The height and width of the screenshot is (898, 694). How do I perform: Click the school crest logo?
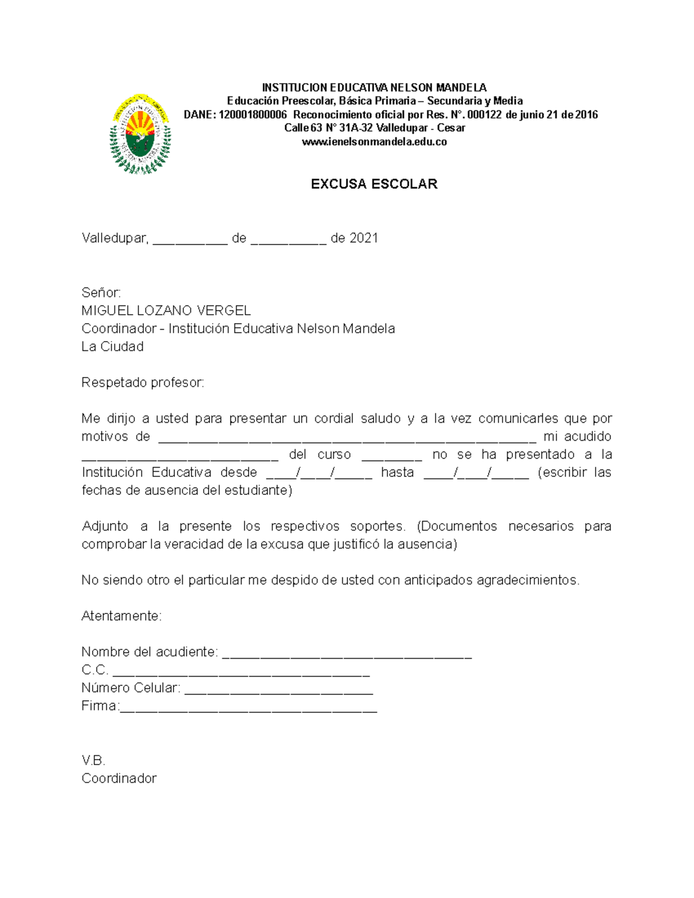tap(140, 134)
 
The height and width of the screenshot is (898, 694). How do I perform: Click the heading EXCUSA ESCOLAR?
tap(374, 184)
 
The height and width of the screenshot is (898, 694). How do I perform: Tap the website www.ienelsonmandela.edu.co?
tap(374, 142)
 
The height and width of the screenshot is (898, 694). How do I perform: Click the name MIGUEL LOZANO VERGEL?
tap(166, 311)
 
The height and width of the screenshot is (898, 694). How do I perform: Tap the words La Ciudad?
tap(113, 347)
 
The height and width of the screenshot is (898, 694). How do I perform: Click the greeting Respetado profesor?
tap(143, 383)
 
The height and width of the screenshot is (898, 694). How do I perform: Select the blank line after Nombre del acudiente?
tap(347, 655)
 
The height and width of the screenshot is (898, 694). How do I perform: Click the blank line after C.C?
tap(241, 673)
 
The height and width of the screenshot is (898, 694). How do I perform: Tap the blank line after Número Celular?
tap(278, 691)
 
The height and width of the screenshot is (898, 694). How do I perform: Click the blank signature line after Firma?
tap(248, 709)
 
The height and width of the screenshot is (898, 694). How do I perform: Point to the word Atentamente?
tap(121, 616)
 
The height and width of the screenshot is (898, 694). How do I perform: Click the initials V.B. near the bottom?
tap(93, 760)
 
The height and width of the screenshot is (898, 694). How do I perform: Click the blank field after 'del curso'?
tap(392, 457)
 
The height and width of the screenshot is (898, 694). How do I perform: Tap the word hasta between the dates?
tap(397, 472)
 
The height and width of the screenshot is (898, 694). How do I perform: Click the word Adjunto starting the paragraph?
tap(105, 526)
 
